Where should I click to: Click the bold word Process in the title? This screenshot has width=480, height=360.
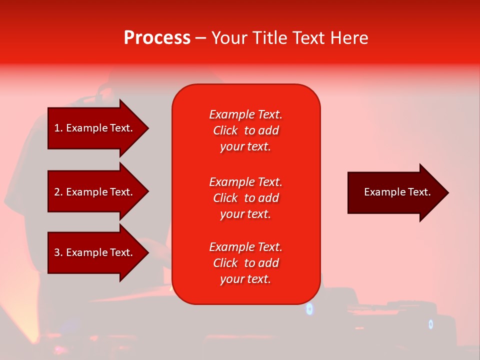(x=157, y=38)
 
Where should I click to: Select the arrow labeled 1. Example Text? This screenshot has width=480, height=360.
(x=95, y=128)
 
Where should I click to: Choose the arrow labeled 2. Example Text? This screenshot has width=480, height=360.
(x=95, y=192)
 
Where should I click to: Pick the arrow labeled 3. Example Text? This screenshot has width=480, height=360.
(x=95, y=252)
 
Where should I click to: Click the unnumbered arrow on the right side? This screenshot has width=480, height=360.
(x=395, y=192)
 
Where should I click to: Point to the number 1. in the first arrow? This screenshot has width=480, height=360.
(x=58, y=128)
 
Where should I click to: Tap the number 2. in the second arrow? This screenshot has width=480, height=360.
(x=58, y=192)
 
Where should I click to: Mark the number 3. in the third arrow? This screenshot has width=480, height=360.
(x=58, y=252)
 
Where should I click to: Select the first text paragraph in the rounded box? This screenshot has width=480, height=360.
(x=245, y=130)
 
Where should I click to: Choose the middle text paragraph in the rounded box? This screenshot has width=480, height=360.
(x=245, y=198)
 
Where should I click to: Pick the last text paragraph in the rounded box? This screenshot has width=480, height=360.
(x=245, y=263)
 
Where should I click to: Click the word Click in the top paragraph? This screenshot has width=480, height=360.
(x=225, y=130)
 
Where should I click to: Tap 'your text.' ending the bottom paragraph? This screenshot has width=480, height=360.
(x=245, y=279)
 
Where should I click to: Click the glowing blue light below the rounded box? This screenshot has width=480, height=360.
(x=309, y=309)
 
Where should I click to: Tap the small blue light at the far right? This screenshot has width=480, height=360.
(x=430, y=324)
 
